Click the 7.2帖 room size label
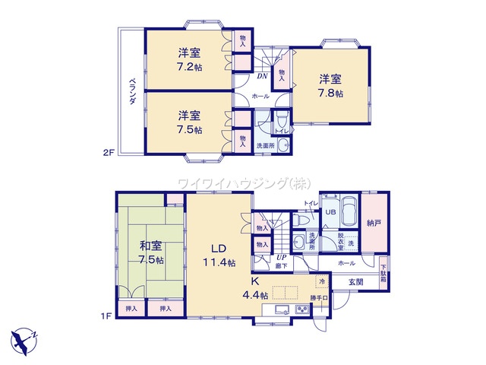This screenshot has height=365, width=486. pos(190,67)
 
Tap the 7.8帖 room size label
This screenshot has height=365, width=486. pos(330,93)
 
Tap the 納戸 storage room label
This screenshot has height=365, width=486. pos(373,224)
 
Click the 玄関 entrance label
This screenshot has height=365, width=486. pos(356,282)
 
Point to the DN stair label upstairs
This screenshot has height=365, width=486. pos(261,76)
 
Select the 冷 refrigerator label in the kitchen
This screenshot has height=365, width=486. pos(321,281)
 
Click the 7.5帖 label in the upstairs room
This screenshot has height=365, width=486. pos(190,129)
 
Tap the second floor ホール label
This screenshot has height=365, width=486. pos(260,97)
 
